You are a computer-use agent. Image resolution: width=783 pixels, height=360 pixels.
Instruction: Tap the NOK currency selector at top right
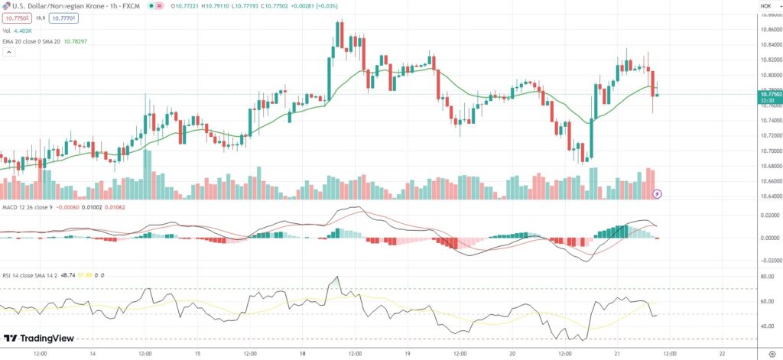click(766, 6)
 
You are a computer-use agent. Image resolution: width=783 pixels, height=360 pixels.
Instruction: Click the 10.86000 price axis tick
click(768, 29)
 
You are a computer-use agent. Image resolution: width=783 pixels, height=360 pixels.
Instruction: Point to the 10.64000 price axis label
click(768, 196)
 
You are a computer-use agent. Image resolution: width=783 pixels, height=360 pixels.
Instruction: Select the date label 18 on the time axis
click(302, 354)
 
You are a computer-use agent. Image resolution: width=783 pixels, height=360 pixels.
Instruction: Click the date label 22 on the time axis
click(723, 354)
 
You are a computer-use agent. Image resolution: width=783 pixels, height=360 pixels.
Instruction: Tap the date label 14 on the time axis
click(93, 354)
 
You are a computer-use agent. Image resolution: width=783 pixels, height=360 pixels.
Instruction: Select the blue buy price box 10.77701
click(62, 18)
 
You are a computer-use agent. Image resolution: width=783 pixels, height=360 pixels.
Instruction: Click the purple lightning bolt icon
click(657, 194)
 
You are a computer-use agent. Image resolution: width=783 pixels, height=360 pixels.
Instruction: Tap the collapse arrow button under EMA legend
click(9, 53)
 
